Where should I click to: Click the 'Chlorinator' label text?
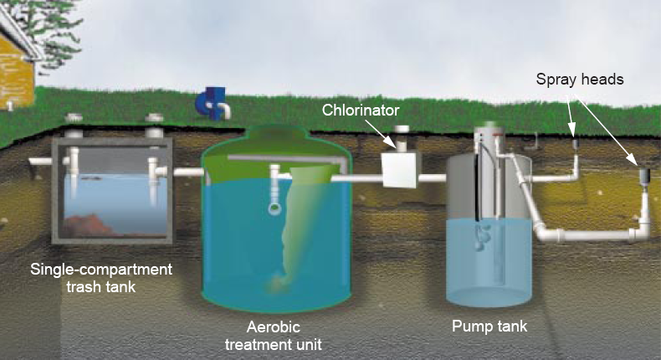pyautogui.click(x=361, y=111)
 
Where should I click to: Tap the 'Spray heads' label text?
pyautogui.click(x=580, y=80)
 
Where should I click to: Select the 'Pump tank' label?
pyautogui.click(x=489, y=327)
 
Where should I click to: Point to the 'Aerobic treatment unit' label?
pyautogui.click(x=273, y=336)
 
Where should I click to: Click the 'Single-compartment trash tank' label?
pyautogui.click(x=101, y=278)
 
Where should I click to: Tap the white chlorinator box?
pyautogui.click(x=399, y=170)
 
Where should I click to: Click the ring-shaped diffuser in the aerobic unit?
pyautogui.click(x=274, y=208)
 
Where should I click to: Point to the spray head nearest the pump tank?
pyautogui.click(x=576, y=143)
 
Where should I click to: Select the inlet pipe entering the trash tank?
pyautogui.click(x=40, y=162)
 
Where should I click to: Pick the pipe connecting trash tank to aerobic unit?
pyautogui.click(x=188, y=172)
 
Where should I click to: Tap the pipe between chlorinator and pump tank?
pyautogui.click(x=432, y=178)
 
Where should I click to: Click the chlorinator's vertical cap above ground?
pyautogui.click(x=402, y=138)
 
